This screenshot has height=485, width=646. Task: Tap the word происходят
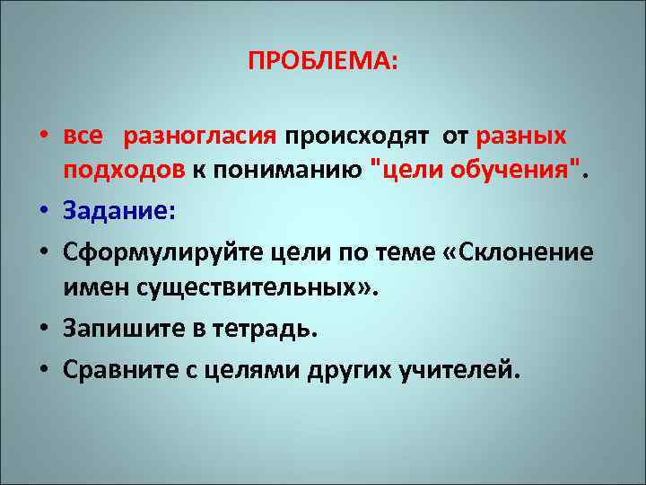(x=356, y=136)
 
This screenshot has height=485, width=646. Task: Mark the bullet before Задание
(x=43, y=213)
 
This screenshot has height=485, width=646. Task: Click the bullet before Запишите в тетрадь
(x=43, y=331)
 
